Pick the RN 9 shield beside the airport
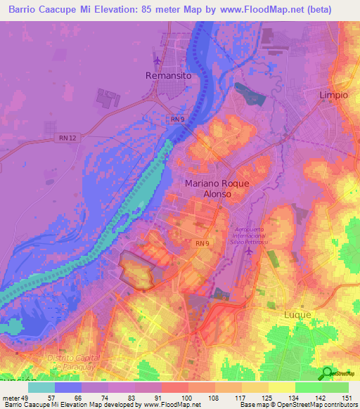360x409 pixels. tap(202, 243)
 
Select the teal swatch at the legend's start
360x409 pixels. tap(41, 387)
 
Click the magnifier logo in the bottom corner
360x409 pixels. tap(328, 372)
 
